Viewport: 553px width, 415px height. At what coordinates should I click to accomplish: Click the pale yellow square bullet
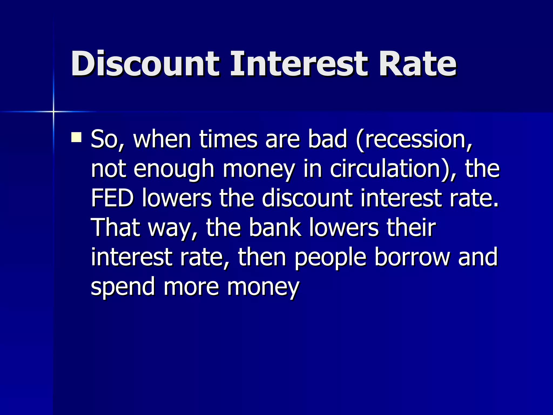pos(76,137)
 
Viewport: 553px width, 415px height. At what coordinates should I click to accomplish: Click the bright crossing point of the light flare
pos(53,111)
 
